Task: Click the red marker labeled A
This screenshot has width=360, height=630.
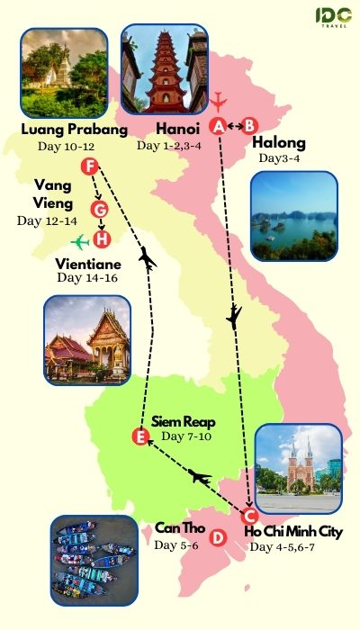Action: click(218, 126)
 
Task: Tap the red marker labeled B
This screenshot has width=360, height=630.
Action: click(250, 126)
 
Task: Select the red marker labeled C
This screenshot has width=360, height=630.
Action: click(250, 516)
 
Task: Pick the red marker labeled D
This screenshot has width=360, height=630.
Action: click(217, 537)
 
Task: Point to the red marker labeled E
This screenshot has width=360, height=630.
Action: click(139, 437)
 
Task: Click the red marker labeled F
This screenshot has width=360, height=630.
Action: click(88, 166)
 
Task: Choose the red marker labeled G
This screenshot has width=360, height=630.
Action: click(100, 210)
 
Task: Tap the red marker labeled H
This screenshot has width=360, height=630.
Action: click(103, 239)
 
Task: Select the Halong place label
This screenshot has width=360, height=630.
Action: click(278, 142)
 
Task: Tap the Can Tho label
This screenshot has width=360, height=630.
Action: click(177, 529)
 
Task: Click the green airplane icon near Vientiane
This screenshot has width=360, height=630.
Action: click(81, 241)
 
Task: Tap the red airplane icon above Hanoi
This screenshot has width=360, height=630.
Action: click(218, 98)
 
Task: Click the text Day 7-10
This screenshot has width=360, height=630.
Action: click(185, 436)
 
